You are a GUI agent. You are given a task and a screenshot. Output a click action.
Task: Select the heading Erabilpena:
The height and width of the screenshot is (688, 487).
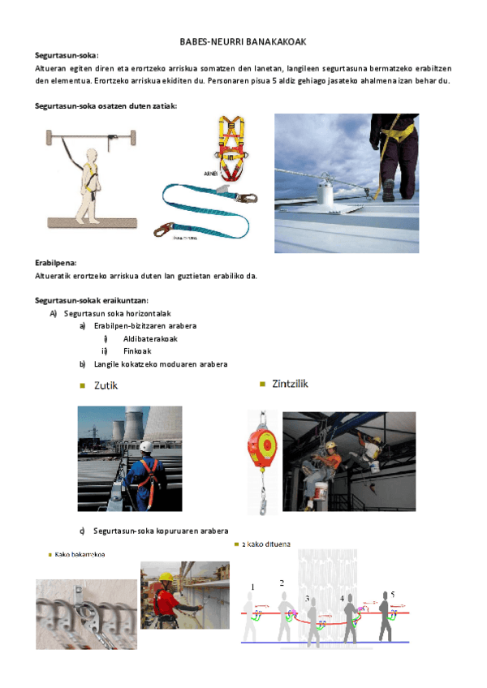55,263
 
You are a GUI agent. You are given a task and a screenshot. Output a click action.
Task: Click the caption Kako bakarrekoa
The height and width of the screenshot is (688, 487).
81,555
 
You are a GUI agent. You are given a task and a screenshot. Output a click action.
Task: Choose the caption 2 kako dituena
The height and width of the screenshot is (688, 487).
267,544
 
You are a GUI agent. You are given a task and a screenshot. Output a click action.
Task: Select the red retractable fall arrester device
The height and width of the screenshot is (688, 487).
262,445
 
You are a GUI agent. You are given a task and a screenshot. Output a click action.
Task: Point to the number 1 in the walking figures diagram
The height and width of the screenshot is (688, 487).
252,587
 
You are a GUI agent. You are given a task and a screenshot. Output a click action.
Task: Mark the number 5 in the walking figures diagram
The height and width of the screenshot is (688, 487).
392,594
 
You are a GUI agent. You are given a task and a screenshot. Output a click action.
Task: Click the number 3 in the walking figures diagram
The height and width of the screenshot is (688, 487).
307,598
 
